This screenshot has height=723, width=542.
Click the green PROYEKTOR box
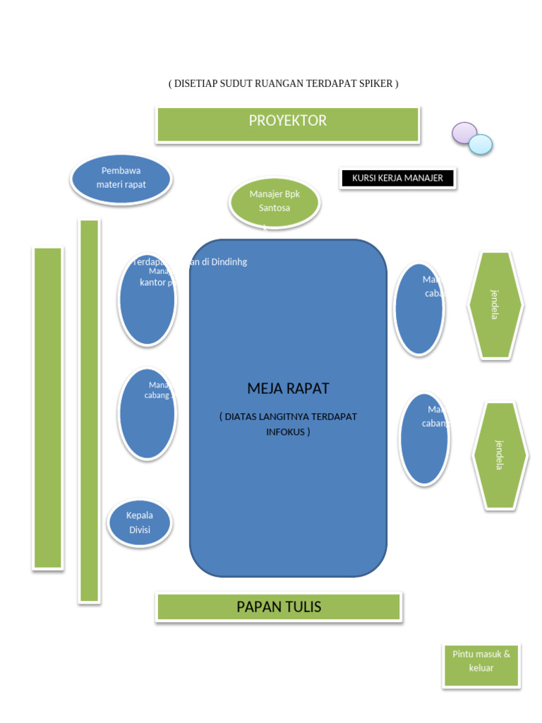pyautogui.click(x=288, y=124)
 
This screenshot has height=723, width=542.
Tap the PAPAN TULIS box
pyautogui.click(x=279, y=607)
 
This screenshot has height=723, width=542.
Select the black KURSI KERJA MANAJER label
pyautogui.click(x=397, y=178)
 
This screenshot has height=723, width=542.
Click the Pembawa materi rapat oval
pyautogui.click(x=121, y=179)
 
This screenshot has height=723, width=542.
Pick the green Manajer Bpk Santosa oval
pyautogui.click(x=275, y=202)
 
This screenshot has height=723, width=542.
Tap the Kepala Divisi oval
pyautogui.click(x=140, y=523)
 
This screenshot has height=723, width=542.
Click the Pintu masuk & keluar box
pyautogui.click(x=481, y=665)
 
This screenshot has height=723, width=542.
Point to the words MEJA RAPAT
pyautogui.click(x=288, y=388)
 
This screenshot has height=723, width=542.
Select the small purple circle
pyautogui.click(x=464, y=133)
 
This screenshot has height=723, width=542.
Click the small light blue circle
pyautogui.click(x=481, y=144)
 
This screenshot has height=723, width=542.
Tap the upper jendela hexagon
pyautogui.click(x=495, y=304)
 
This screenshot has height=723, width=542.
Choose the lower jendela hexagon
pyautogui.click(x=500, y=455)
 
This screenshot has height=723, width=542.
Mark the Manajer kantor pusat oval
pyautogui.click(x=147, y=300)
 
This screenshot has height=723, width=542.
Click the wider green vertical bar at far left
pyautogui.click(x=48, y=407)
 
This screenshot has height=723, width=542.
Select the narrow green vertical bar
pyautogui.click(x=89, y=410)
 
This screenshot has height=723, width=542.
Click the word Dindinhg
pyautogui.click(x=229, y=262)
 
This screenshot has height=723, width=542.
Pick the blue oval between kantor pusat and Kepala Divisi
pyautogui.click(x=147, y=414)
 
